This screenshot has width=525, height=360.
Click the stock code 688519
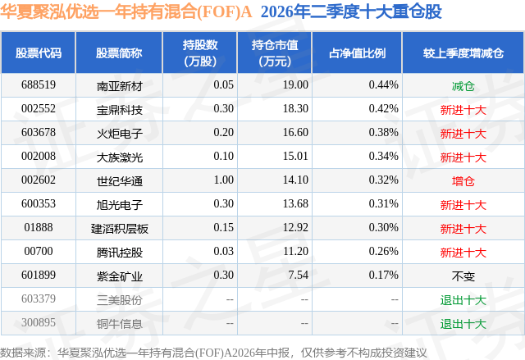pyautogui.click(x=39, y=85)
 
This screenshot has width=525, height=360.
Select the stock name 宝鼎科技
pyautogui.click(x=120, y=109)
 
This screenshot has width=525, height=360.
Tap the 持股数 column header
pyautogui.click(x=200, y=52)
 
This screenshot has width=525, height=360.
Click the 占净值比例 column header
pyautogui.click(x=357, y=52)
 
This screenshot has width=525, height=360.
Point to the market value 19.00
pyautogui.click(x=295, y=85)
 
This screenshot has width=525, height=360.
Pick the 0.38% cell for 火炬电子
pyautogui.click(x=383, y=133)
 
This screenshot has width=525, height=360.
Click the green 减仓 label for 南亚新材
pyautogui.click(x=463, y=86)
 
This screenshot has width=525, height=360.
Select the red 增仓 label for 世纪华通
pyautogui.click(x=463, y=181)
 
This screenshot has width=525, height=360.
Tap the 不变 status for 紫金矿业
pyautogui.click(x=463, y=276)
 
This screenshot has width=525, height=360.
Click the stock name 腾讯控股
pyautogui.click(x=120, y=253)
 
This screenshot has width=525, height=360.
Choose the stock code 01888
pyautogui.click(x=39, y=227)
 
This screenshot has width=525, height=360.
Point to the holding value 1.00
pyautogui.click(x=224, y=180)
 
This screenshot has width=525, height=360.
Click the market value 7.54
pyautogui.click(x=299, y=275)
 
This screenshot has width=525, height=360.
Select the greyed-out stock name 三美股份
pyautogui.click(x=120, y=300)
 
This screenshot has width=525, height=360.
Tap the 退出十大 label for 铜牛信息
pyautogui.click(x=463, y=324)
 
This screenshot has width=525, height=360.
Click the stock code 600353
pyautogui.click(x=39, y=203)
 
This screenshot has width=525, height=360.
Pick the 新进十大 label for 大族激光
pyautogui.click(x=463, y=157)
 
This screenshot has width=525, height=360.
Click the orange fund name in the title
pyautogui.click(x=126, y=11)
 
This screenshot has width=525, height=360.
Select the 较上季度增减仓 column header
pyautogui.click(x=463, y=52)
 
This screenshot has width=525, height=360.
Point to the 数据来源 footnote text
pyautogui.click(x=213, y=353)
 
